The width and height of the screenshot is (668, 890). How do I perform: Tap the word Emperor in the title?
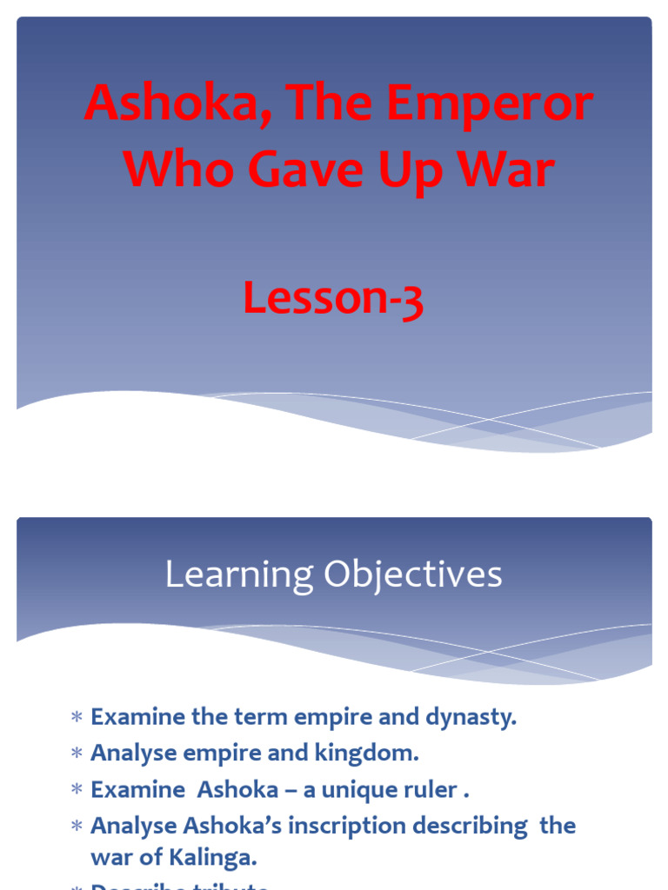[x=490, y=104]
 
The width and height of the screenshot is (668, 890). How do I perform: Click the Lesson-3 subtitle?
[x=333, y=299]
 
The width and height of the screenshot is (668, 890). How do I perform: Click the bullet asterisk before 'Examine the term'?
[x=77, y=719]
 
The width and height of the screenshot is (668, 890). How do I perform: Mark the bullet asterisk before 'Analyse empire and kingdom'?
[x=77, y=754]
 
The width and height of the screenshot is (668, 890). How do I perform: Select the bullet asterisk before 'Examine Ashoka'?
[x=77, y=791]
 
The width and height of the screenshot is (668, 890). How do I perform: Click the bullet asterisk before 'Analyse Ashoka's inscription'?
[x=77, y=826]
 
